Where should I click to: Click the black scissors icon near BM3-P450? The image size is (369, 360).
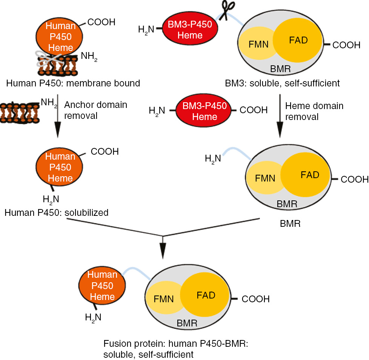pos(229,11)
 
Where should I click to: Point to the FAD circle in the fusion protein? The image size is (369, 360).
pos(206,295)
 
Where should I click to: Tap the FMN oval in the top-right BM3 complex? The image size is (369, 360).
pos(258,45)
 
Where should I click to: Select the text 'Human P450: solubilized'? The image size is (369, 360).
pos(57,213)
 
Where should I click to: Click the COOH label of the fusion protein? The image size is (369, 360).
pos(255,299)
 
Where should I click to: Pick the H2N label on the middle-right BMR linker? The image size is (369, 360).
pos(213,158)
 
